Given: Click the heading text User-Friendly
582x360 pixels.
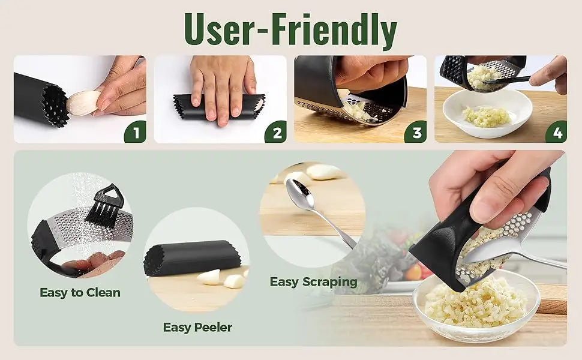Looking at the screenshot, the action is [x=290, y=29].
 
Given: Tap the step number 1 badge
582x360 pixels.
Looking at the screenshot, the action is [x=136, y=133].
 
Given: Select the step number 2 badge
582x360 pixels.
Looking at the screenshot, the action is [x=276, y=133].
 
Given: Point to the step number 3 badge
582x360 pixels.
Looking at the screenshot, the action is [x=416, y=133].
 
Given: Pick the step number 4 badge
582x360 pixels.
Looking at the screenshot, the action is [x=556, y=133].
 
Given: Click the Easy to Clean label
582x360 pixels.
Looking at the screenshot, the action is [x=80, y=292].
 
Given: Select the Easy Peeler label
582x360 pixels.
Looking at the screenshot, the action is [x=197, y=328].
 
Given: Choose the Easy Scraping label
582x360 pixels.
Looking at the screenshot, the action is [x=314, y=281].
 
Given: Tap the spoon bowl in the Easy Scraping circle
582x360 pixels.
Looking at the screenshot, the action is [x=300, y=193].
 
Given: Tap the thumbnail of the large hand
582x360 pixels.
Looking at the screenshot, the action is [x=485, y=209].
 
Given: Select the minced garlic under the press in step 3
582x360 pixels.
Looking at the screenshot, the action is [x=356, y=110].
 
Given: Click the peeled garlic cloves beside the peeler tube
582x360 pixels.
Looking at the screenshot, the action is [x=223, y=278].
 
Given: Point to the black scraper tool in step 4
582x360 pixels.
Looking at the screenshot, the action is [x=506, y=80].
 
